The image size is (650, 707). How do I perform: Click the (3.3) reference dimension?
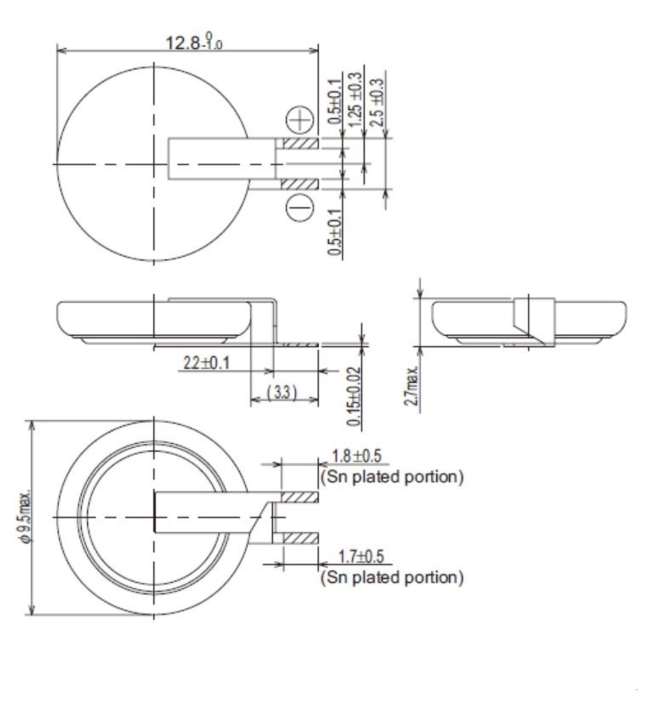pos(283,394)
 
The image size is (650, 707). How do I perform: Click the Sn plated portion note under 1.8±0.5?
pos(392,477)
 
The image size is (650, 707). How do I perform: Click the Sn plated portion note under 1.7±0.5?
pos(392,578)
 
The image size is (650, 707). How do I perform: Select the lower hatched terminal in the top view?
pos(300,185)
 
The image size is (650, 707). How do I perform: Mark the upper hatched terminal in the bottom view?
pos(300,498)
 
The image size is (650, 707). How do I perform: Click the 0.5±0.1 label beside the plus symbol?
pos(334,101)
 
